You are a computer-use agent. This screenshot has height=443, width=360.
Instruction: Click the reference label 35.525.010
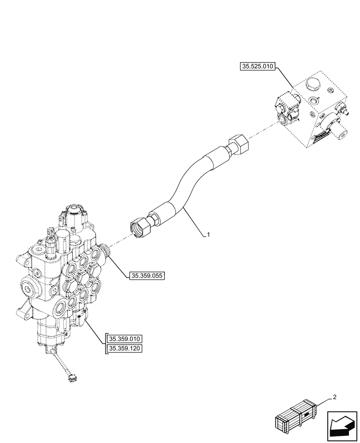258,67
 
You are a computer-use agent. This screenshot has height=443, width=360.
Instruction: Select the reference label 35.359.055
147,276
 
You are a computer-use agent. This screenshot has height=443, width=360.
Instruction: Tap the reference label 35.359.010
125,339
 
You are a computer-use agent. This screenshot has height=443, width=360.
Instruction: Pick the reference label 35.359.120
125,350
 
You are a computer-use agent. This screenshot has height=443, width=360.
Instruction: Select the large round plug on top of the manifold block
314,85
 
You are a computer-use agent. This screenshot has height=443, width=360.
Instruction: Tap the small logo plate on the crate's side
305,415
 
